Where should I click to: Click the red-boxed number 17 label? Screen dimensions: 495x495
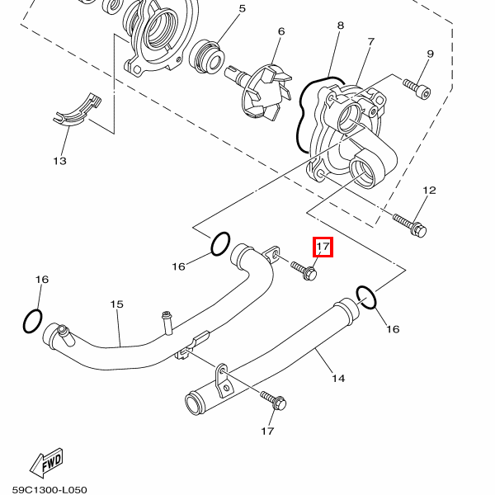(322, 247)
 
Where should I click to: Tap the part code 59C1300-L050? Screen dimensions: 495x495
(49, 488)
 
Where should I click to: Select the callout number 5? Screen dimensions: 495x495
(242, 9)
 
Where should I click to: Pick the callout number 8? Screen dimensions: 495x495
(340, 26)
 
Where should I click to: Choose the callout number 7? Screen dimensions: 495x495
(370, 41)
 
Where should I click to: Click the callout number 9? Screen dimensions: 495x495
(430, 54)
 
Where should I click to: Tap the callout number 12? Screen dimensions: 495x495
(428, 191)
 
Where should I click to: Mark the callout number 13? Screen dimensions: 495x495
(59, 161)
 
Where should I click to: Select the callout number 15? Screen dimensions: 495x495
(116, 304)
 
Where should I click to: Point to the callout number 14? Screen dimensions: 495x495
(338, 379)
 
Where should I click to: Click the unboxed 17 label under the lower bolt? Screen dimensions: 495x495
(267, 431)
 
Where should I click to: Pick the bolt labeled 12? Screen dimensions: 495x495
(410, 224)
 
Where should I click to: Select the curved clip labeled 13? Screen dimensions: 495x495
(76, 111)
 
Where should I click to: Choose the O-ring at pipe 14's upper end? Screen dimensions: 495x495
(367, 297)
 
